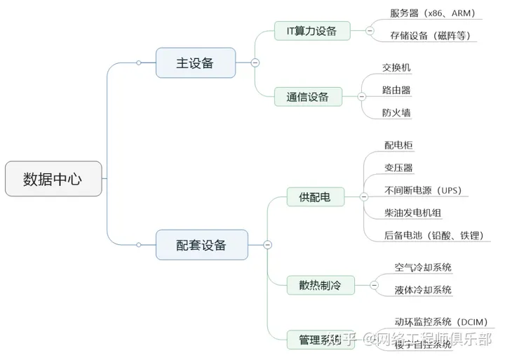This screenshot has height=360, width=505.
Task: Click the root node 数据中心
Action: pos(53,179)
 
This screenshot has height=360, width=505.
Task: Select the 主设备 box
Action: pos(194,62)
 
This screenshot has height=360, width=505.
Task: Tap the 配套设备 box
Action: pos(201,244)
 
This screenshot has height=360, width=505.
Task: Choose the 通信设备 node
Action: pos(308,97)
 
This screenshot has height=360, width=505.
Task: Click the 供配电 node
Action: pos(315,197)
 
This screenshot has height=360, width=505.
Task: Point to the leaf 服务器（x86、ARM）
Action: pos(433,13)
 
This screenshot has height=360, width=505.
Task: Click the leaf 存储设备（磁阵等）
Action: pos(430,35)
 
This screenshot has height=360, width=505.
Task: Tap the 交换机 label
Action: pos(396,67)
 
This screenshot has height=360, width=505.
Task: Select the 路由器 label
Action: pos(396,90)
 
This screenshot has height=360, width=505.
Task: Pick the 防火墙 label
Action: pos(396,112)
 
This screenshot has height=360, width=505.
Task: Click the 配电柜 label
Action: pos(398,145)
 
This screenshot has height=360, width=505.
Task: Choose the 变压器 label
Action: pos(398,168)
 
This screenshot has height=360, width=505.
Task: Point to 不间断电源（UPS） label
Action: pos(422,190)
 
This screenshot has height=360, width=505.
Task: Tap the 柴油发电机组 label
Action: pos(413,213)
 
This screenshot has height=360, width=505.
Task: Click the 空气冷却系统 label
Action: pos(423,267)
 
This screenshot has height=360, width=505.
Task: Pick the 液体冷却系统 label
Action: pos(423,290)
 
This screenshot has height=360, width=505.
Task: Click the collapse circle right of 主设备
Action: pos(255,62)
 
